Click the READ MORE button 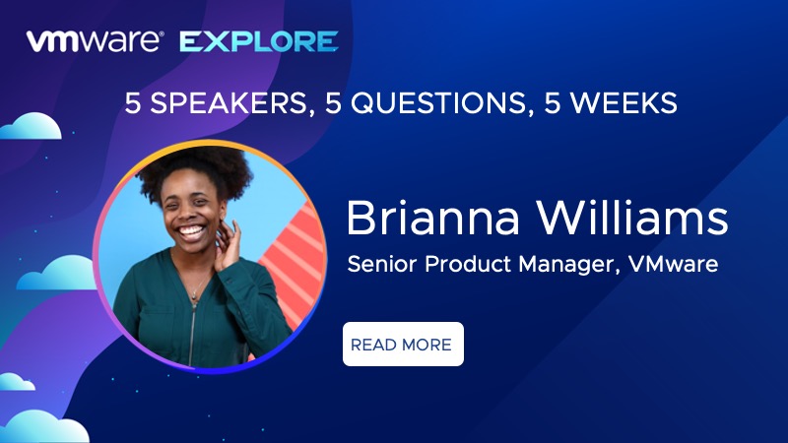[403, 344]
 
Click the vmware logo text [94, 41]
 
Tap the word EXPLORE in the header [259, 41]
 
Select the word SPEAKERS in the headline [229, 103]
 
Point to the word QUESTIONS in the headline [437, 103]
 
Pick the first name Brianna [432, 218]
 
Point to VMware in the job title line [674, 264]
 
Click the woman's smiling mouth [192, 232]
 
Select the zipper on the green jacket [192, 327]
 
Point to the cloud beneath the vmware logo [32, 126]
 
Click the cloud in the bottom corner [45, 427]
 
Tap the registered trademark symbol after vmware [161, 34]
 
